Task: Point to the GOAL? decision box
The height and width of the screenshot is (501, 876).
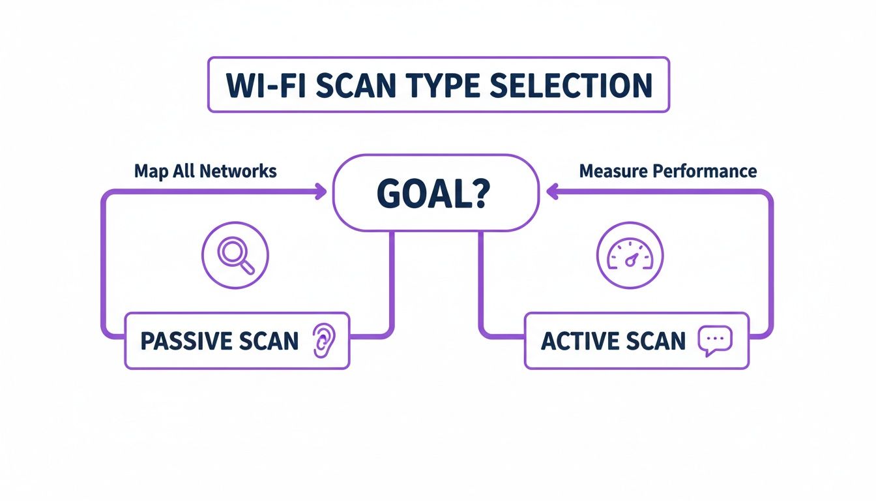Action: [436, 192]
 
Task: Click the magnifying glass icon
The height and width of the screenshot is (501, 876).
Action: [236, 255]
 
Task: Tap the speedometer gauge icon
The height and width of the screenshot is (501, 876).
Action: [630, 255]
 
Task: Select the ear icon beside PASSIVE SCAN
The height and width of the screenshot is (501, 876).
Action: [322, 341]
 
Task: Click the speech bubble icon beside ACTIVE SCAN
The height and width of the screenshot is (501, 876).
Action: [715, 341]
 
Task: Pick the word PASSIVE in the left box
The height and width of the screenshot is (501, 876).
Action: [184, 341]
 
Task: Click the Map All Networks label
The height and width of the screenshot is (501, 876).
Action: [205, 172]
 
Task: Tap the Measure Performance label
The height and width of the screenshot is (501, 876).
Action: [668, 172]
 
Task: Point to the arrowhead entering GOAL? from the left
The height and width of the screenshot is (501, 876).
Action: [321, 191]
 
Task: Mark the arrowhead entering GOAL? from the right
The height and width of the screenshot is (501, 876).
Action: [551, 191]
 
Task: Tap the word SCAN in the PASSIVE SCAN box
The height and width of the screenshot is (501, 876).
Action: [269, 341]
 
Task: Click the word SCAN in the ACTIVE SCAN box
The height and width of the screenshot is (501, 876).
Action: [656, 341]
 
